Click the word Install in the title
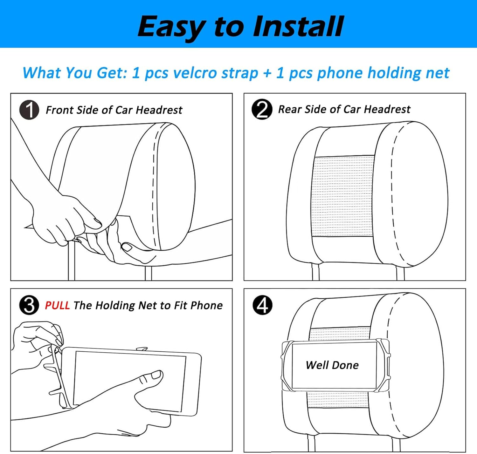coord(298,27)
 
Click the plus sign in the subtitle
coord(267,73)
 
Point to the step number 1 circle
coord(29,110)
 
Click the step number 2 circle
coord(262,109)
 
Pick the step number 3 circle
coord(29,305)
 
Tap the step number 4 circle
coord(262,305)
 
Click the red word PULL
coord(57,305)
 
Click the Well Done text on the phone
coord(332,365)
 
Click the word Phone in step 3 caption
coord(207,305)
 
